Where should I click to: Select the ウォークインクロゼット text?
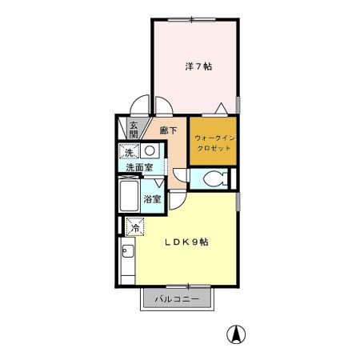[x=214, y=143]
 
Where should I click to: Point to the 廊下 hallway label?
[x=168, y=130]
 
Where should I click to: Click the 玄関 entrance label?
[x=134, y=129]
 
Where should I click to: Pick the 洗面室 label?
[x=139, y=168]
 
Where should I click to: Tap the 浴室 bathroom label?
[x=152, y=198]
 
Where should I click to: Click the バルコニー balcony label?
[x=178, y=299]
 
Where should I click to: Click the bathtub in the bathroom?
[x=129, y=197]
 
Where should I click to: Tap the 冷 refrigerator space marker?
[x=134, y=226]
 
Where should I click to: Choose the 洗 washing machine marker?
[x=129, y=151]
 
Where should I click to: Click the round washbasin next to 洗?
[x=150, y=151]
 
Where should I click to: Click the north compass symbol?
[x=236, y=335]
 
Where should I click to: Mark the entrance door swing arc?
[x=141, y=106]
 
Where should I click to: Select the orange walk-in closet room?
[x=214, y=142]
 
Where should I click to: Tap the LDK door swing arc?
[x=178, y=199]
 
